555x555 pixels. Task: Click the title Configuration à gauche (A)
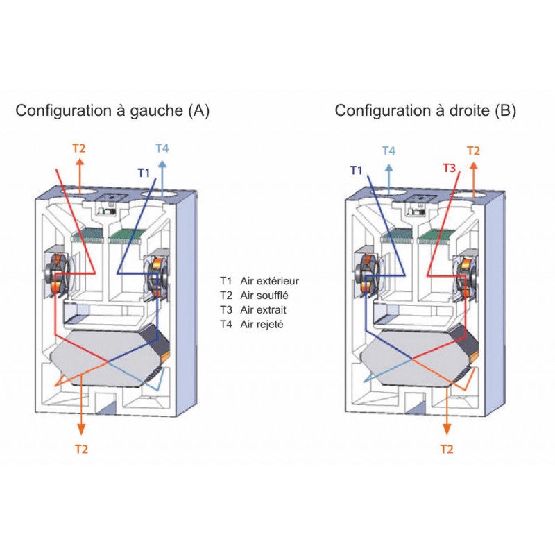112,110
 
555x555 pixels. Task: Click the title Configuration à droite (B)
425,110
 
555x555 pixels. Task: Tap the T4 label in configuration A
162,148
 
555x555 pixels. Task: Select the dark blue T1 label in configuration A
144,172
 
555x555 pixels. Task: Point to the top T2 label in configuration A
79,148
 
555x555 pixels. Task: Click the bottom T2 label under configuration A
81,449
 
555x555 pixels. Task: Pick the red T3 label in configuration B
450,168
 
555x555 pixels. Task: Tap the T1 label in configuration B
357,169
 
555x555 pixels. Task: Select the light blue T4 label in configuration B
389,151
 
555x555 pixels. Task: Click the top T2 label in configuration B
473,151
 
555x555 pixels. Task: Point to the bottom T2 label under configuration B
447,449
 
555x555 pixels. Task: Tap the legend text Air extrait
264,309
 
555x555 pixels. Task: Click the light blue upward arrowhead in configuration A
162,164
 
